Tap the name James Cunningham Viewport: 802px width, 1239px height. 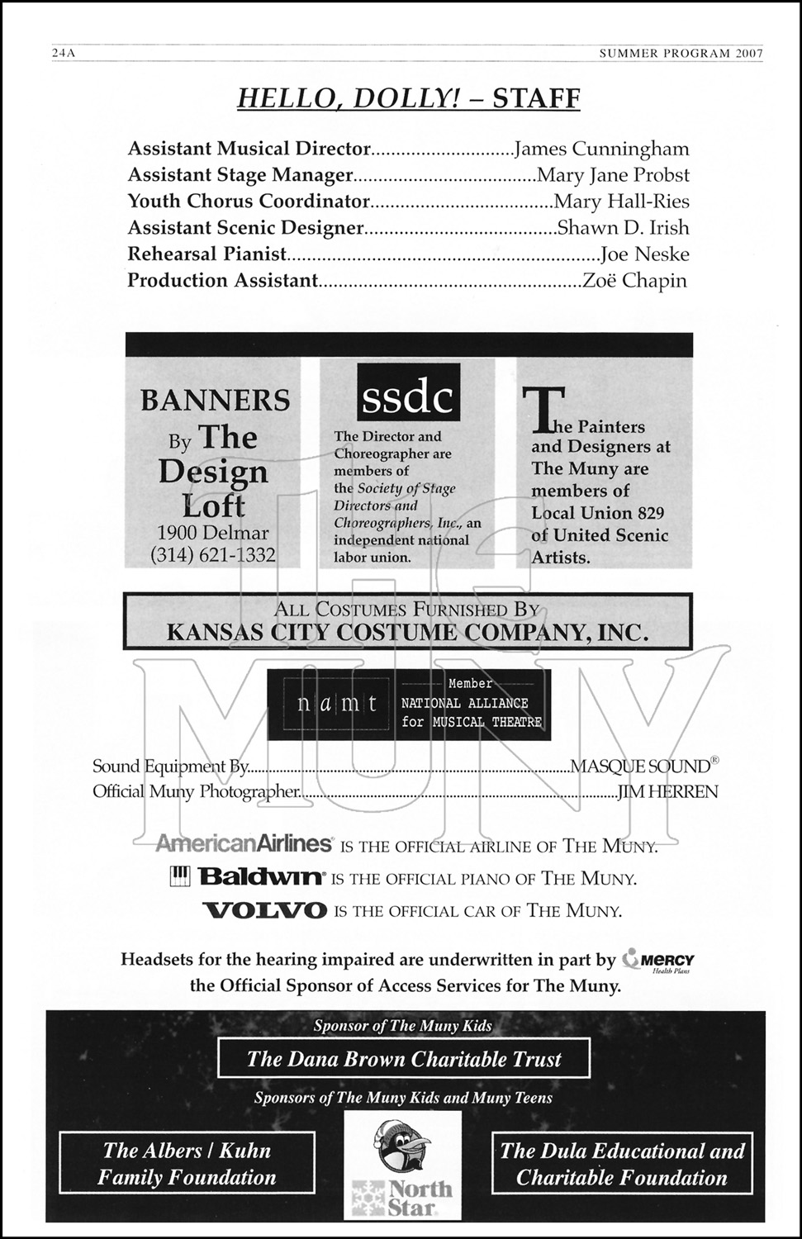[x=601, y=149]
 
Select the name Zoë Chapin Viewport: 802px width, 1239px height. [x=634, y=281]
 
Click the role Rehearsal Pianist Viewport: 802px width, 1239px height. [x=206, y=254]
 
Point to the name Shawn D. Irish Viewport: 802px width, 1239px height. [x=623, y=228]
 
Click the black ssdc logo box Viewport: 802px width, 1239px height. [x=408, y=397]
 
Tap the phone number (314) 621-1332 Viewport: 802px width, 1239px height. [x=213, y=555]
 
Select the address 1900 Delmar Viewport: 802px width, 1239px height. [x=213, y=533]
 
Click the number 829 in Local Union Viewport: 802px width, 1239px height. [x=648, y=513]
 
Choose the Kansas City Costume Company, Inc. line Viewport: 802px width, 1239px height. [x=407, y=633]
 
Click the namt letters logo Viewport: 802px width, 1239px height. [x=338, y=704]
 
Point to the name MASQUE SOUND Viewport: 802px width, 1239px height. [x=641, y=767]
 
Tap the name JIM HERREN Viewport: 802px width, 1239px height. [x=668, y=791]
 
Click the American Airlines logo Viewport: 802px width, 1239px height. [x=244, y=843]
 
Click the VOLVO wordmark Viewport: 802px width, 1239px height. [x=265, y=911]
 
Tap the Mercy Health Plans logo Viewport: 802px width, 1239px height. [x=659, y=961]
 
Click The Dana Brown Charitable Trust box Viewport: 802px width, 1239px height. [x=404, y=1059]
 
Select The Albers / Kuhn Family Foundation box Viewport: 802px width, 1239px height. [x=187, y=1163]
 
